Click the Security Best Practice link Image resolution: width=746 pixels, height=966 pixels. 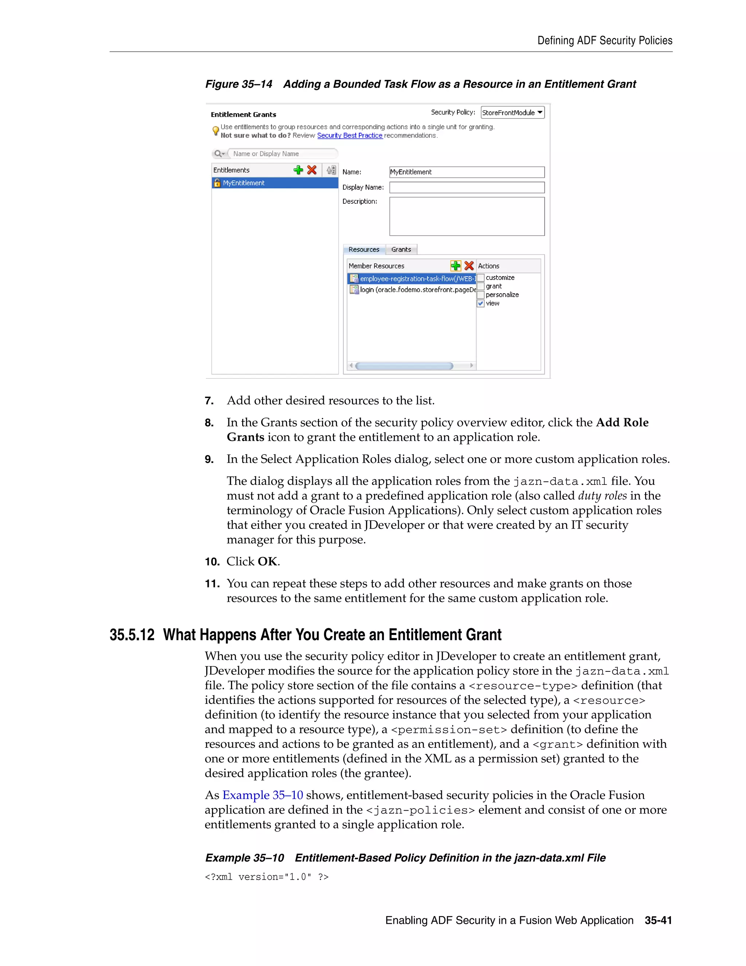(350, 135)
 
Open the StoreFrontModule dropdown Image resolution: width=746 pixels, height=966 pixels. (512, 112)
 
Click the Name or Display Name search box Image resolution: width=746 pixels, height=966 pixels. (283, 153)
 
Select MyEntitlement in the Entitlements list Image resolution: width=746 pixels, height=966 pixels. (244, 183)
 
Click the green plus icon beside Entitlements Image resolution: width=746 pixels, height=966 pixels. (298, 170)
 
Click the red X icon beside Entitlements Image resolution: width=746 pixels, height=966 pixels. (311, 170)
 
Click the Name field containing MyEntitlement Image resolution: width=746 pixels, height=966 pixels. (466, 172)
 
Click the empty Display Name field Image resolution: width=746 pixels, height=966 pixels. (466, 187)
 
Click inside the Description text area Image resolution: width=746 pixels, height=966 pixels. (466, 216)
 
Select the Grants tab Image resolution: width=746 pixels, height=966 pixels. (401, 249)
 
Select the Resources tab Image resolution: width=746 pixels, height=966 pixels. (364, 249)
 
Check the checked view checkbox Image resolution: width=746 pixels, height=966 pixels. (481, 303)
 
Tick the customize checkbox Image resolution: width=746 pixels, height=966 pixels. (481, 278)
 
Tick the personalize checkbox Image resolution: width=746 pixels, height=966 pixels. (481, 295)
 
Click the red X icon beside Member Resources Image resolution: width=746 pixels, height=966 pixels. (469, 265)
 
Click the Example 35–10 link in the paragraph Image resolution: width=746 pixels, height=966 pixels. (263, 795)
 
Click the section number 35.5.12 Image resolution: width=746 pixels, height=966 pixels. (132, 635)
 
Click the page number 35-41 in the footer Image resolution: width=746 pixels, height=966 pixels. (658, 920)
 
